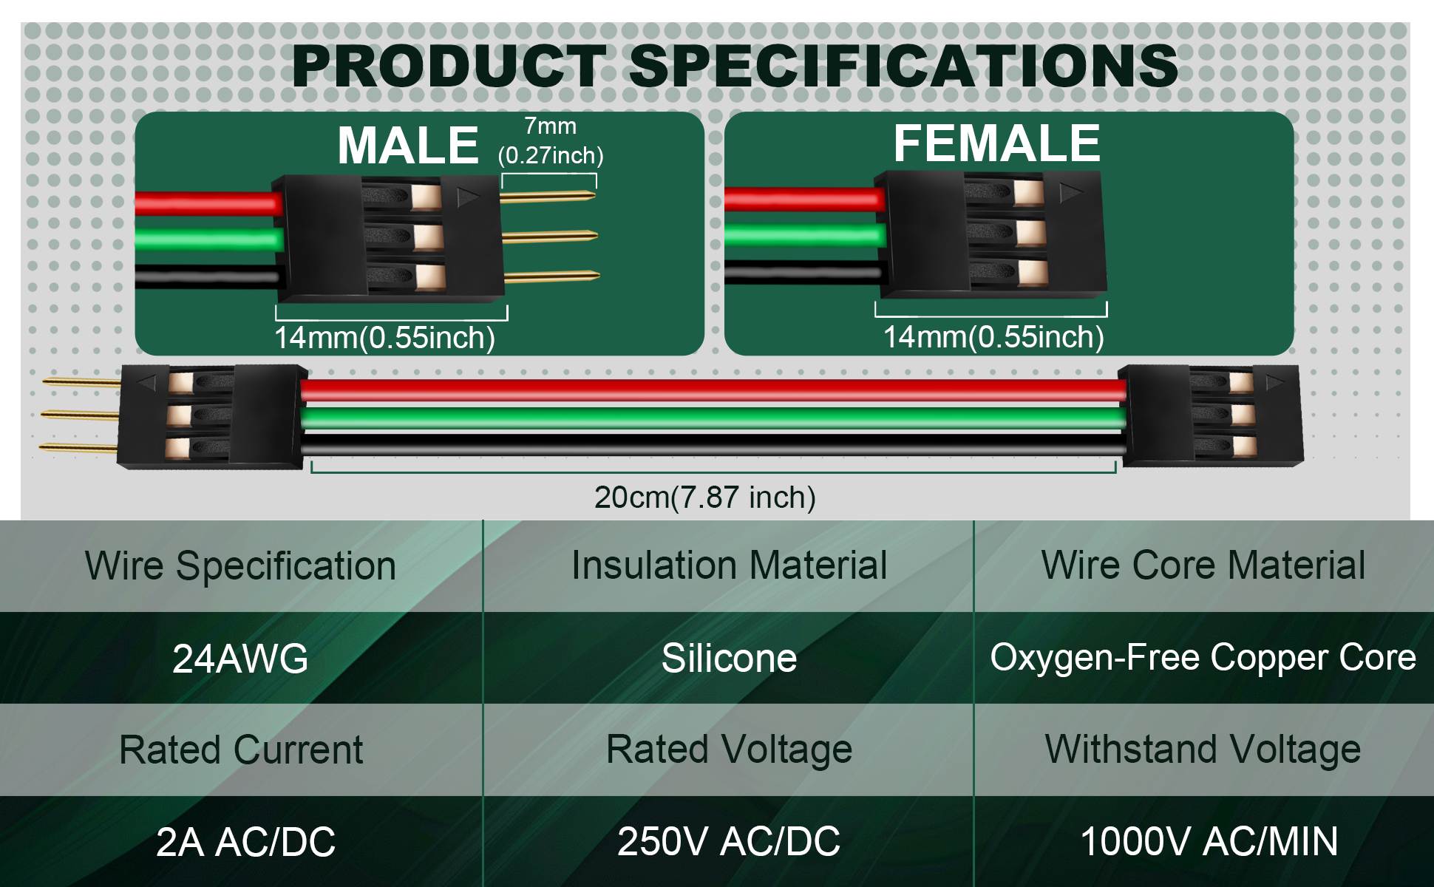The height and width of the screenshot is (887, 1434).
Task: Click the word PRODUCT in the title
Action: tap(449, 66)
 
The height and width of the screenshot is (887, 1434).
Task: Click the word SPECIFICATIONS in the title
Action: tap(903, 66)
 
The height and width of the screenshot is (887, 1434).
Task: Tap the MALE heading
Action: tap(408, 145)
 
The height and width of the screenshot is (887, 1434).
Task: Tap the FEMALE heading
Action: tap(997, 143)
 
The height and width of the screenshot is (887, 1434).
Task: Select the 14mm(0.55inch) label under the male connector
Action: tap(384, 338)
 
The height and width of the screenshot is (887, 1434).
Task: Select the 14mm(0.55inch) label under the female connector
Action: tap(993, 337)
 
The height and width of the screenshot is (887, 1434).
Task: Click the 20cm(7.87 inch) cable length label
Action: tap(705, 497)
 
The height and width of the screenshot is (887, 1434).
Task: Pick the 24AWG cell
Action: tap(240, 659)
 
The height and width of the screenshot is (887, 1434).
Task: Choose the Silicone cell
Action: tap(729, 658)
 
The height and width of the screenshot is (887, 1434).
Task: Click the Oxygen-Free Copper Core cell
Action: tap(1203, 657)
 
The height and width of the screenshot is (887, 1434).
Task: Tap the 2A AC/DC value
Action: tap(245, 842)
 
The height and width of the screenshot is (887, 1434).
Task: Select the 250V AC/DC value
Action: tap(729, 841)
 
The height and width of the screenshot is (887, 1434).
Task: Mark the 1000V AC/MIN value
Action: tap(1209, 841)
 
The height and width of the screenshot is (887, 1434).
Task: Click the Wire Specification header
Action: tap(241, 566)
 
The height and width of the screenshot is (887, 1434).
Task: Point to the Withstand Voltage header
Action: tap(1203, 750)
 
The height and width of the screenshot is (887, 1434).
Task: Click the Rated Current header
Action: tap(241, 750)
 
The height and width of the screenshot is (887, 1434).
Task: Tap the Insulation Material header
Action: tap(729, 565)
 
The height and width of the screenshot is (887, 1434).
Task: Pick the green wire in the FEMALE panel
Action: tap(805, 236)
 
